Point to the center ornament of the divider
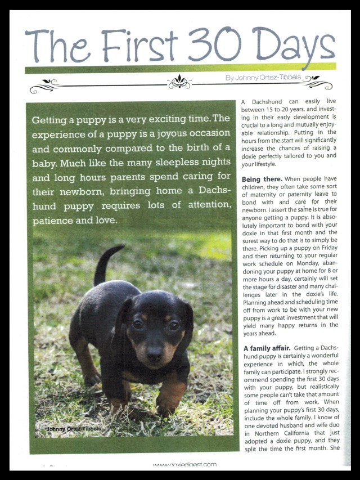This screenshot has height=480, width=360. click(179, 82)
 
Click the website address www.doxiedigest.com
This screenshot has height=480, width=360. click(184, 464)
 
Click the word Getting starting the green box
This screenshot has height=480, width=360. click(49, 120)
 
